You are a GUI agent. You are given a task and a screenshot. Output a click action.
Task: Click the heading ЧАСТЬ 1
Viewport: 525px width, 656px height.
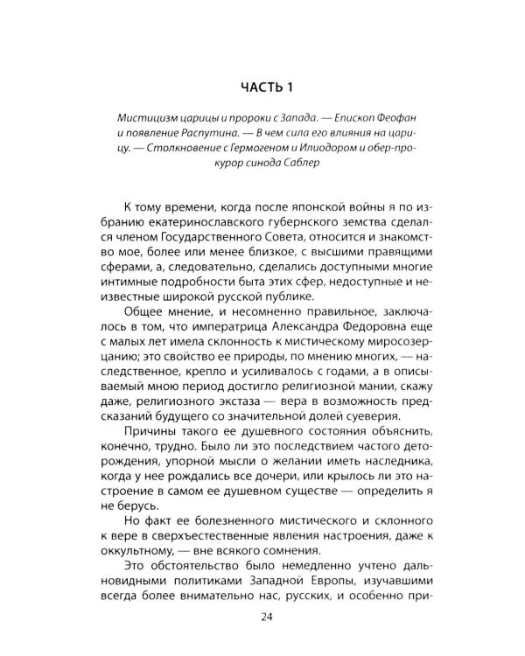pyautogui.click(x=262, y=87)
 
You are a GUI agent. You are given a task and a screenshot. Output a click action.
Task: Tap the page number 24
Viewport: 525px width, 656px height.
pyautogui.click(x=262, y=618)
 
